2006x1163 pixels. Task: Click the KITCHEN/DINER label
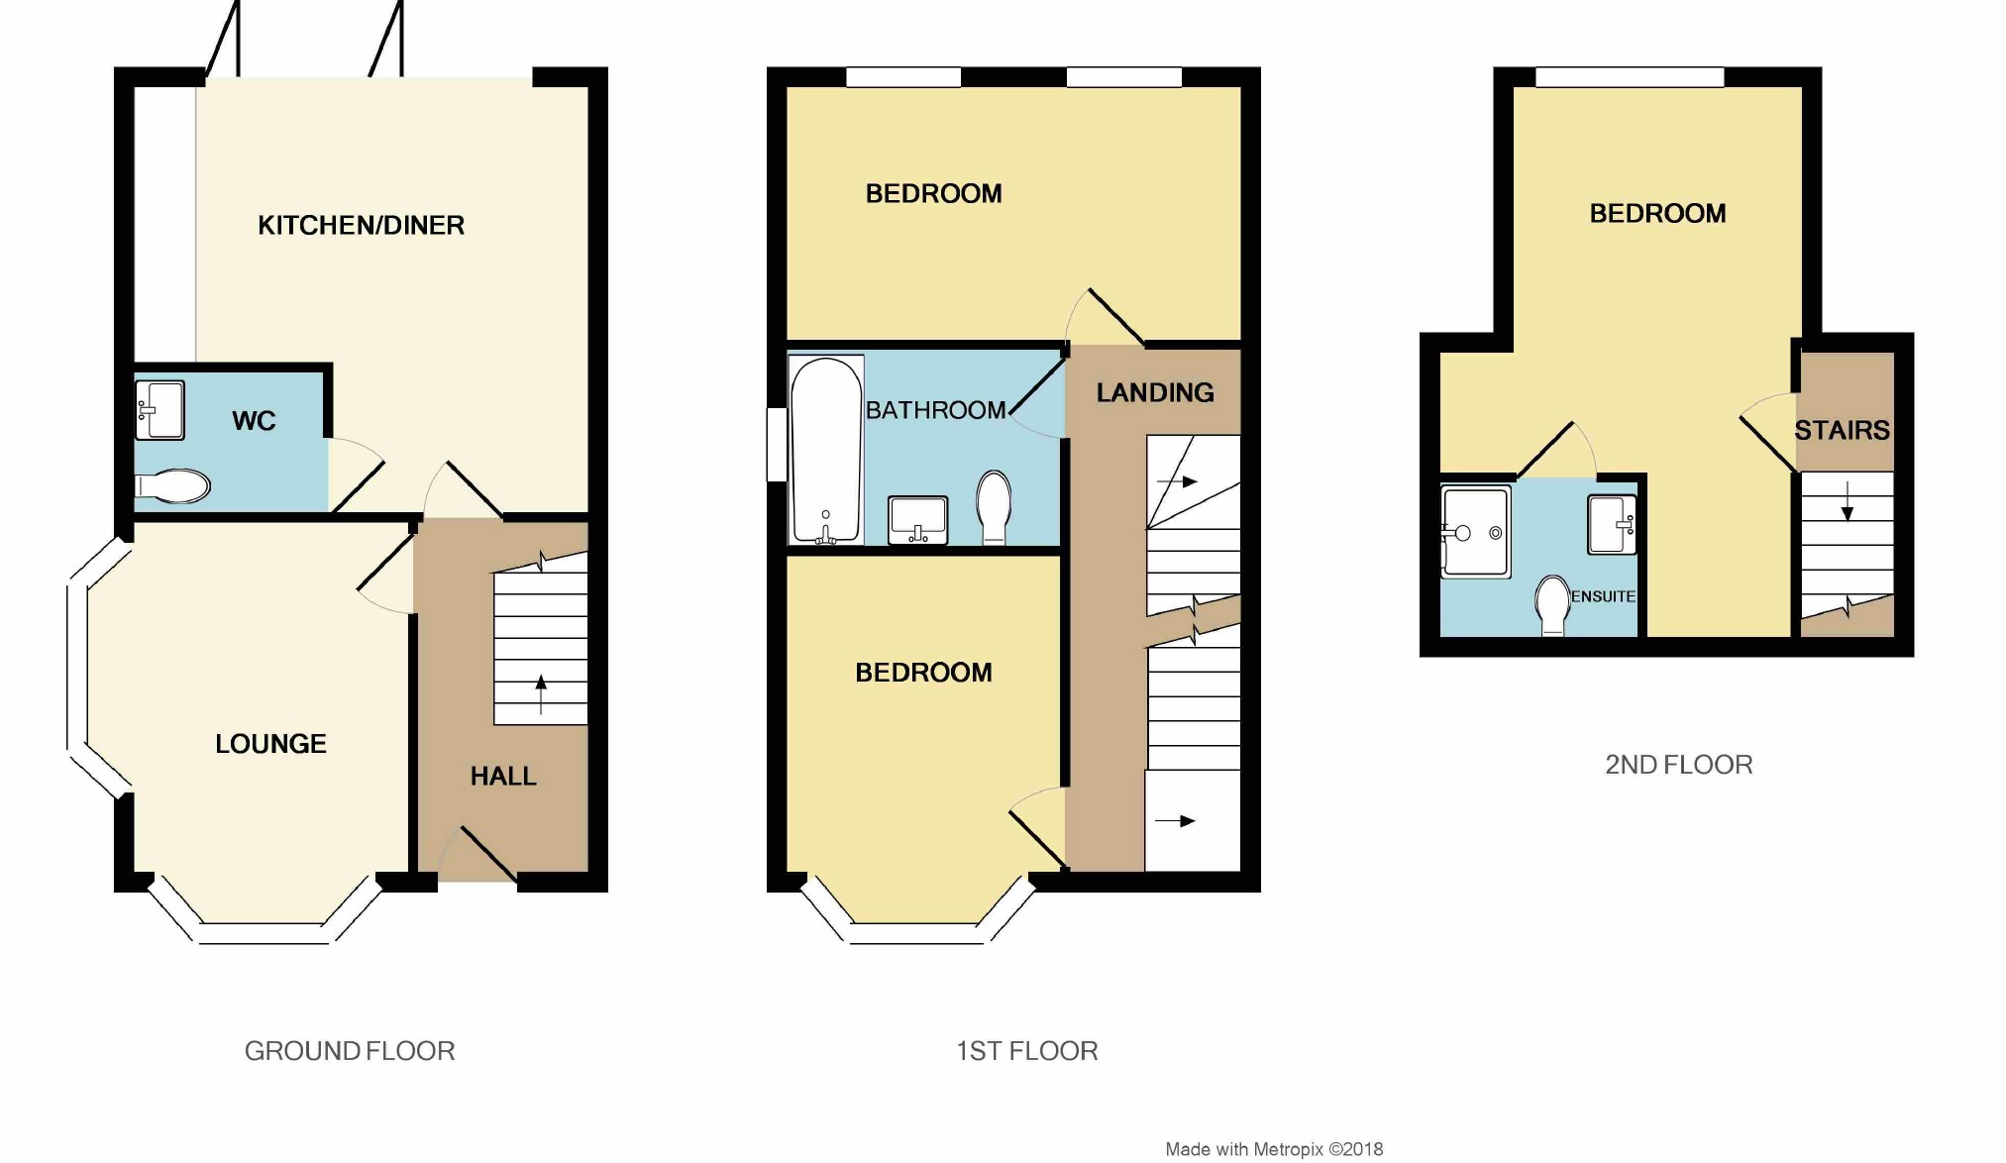[x=361, y=226]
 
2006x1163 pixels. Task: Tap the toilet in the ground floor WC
[x=174, y=486]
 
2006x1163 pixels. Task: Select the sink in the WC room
[x=159, y=410]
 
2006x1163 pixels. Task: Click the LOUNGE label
[x=270, y=744]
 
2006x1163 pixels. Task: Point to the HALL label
[x=503, y=777]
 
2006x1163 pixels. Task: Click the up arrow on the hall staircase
[x=541, y=692]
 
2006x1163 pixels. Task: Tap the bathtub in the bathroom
[x=826, y=450]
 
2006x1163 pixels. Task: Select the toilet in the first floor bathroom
[x=994, y=506]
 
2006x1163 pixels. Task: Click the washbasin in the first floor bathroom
[x=918, y=520]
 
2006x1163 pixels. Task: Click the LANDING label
[x=1155, y=393]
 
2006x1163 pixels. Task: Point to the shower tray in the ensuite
[x=1475, y=531]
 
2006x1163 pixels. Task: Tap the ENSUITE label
[x=1603, y=596]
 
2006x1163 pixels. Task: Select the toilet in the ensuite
[x=1552, y=605]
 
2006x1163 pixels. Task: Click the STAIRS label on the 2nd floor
[x=1842, y=431]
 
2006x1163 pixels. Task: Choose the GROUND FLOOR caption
[x=350, y=1051]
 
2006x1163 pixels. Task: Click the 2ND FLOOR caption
[x=1678, y=765]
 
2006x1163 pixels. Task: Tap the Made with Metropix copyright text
[x=1274, y=1149]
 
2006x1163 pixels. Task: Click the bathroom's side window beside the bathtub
[x=777, y=445]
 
